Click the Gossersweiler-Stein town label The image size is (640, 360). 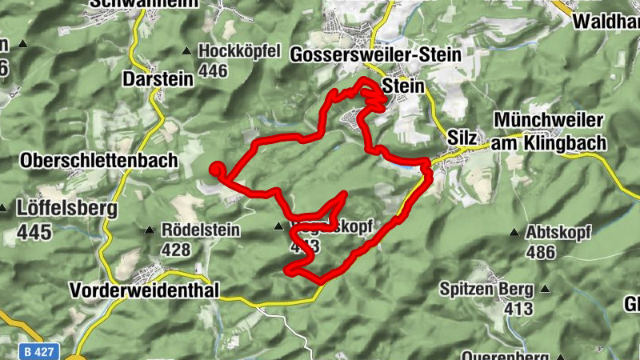click(x=378, y=55)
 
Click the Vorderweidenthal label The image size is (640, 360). click(x=144, y=290)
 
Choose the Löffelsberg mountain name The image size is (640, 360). click(x=66, y=210)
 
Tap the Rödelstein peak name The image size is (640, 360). click(x=200, y=230)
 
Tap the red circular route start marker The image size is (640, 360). click(x=216, y=168)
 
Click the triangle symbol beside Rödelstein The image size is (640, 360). click(x=149, y=231)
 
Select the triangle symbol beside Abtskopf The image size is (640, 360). click(x=514, y=233)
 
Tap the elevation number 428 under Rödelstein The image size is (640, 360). click(x=176, y=250)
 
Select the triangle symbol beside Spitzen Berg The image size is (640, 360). click(x=546, y=289)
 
